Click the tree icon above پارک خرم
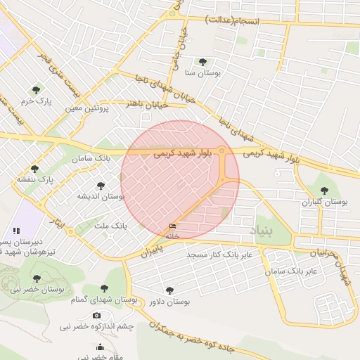pyautogui.click(x=36, y=90)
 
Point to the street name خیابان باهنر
pyautogui.click(x=147, y=104)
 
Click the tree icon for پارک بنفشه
pyautogui.click(x=34, y=169)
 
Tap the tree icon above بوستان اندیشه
pyautogui.click(x=101, y=186)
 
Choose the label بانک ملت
pyautogui.click(x=110, y=226)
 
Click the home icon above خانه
pyautogui.click(x=172, y=226)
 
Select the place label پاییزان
pyautogui.click(x=150, y=250)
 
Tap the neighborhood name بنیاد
pyautogui.click(x=262, y=230)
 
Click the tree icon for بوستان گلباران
pyautogui.click(x=324, y=191)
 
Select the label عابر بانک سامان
pyautogui.click(x=294, y=270)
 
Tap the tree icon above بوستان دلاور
pyautogui.click(x=169, y=290)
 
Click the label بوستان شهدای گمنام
pyautogui.click(x=104, y=300)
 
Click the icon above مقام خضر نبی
pyautogui.click(x=100, y=347)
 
